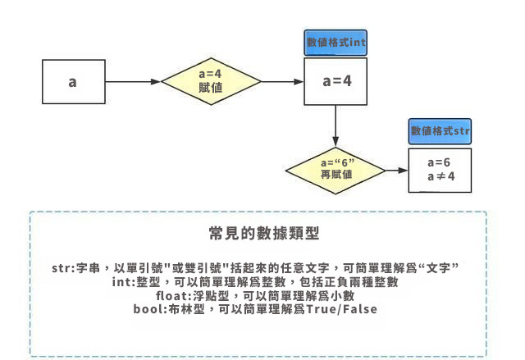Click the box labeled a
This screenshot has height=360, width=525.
click(73, 82)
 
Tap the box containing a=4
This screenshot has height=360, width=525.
click(336, 82)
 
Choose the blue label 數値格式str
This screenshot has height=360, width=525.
click(440, 131)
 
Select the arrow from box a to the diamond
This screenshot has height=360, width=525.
click(133, 82)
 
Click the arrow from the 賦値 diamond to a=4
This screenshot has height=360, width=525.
click(282, 82)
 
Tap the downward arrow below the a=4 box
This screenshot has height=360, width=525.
click(336, 123)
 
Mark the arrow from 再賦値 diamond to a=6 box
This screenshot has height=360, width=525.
click(395, 171)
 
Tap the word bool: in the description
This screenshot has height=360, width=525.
click(150, 308)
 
